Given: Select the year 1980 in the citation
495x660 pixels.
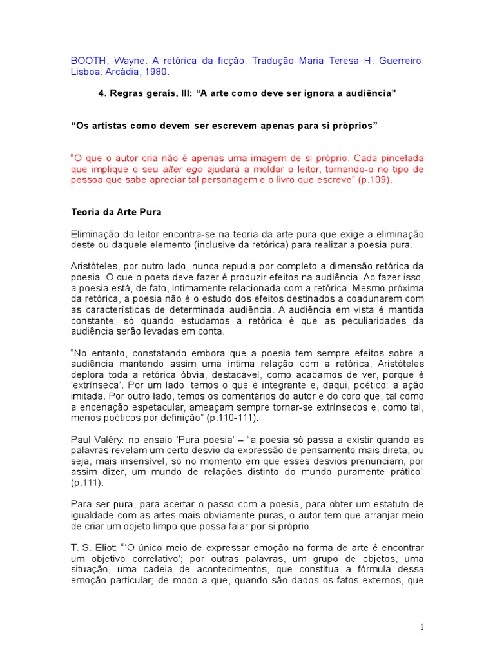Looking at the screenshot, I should point(164,71).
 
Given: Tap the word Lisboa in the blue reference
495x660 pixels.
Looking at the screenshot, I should point(86,71).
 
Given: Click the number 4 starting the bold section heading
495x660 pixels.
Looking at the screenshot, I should point(101,93).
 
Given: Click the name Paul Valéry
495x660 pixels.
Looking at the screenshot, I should point(97,439).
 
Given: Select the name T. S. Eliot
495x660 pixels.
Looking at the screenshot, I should point(94,547).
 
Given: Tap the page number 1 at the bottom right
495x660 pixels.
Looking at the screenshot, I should point(422,627).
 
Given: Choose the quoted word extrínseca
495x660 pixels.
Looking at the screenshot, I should point(97,385).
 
